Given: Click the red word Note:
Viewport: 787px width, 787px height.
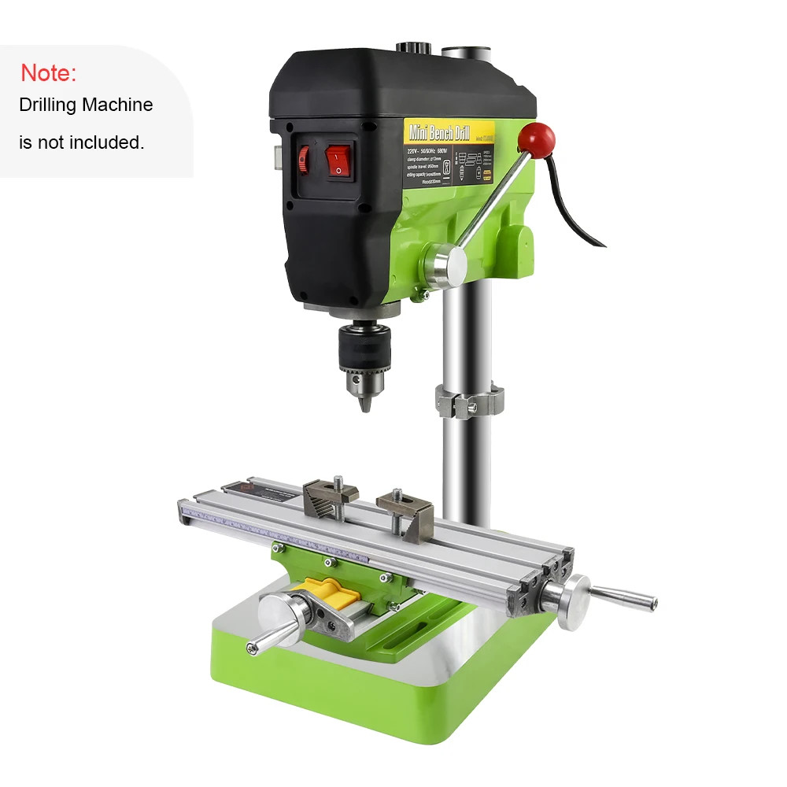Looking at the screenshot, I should pyautogui.click(x=48, y=73).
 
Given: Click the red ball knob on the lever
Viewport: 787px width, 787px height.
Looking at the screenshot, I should pyautogui.click(x=541, y=139).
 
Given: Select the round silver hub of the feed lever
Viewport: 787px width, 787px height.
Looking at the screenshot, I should pyautogui.click(x=442, y=265).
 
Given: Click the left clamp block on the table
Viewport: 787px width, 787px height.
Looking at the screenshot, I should pyautogui.click(x=330, y=495).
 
